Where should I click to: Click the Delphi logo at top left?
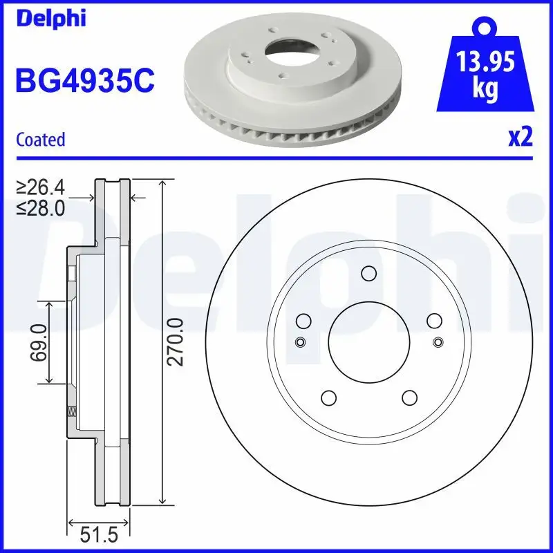(x=50, y=19)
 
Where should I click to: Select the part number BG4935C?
(x=84, y=81)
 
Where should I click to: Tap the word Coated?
(x=40, y=140)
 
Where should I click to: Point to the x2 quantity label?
(x=520, y=138)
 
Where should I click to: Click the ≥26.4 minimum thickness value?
(x=41, y=187)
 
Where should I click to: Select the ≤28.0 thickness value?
(x=41, y=207)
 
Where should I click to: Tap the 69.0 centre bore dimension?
(x=39, y=341)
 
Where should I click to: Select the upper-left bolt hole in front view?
(x=303, y=321)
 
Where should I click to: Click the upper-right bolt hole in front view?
(x=434, y=321)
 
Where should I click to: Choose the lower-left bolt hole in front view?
(x=328, y=398)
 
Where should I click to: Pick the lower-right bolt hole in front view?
(x=409, y=398)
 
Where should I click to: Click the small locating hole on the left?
(x=300, y=342)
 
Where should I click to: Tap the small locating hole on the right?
(x=437, y=342)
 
